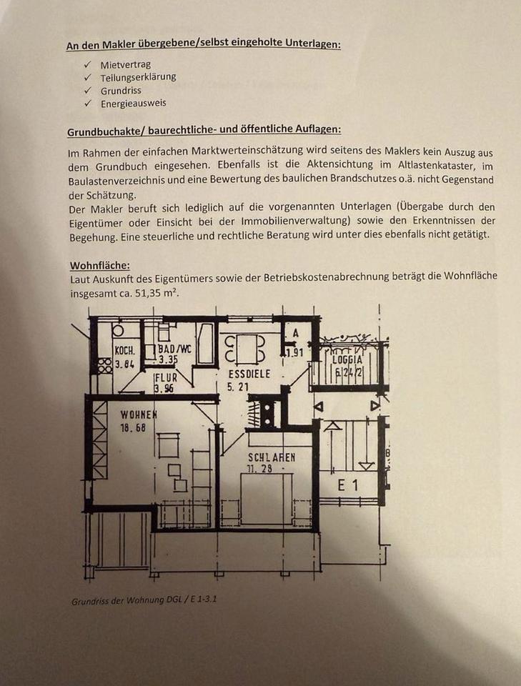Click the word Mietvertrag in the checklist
coord(125,64)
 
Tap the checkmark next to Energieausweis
coord(87,103)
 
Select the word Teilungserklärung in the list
coord(138,77)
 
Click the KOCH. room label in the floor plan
coord(124,351)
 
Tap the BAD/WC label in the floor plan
coord(174,349)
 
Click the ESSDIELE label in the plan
coord(247,374)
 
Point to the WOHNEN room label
coord(139,414)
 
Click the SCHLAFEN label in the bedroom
coord(272,457)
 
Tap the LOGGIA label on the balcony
coord(348,361)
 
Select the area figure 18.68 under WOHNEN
coord(134,427)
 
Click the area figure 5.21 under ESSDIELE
coord(239,387)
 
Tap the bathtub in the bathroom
coord(204,344)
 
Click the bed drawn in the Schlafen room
coord(265,500)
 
